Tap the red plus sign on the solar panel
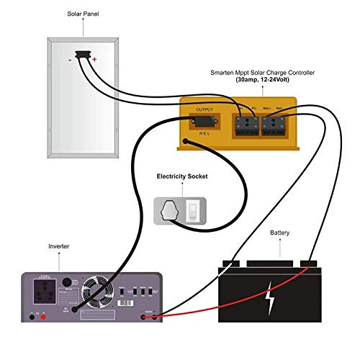point(94,62)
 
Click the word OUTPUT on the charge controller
point(205,109)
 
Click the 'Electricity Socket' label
point(181,176)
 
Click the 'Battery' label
point(279,233)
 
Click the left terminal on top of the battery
point(232,261)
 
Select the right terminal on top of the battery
point(308,261)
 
